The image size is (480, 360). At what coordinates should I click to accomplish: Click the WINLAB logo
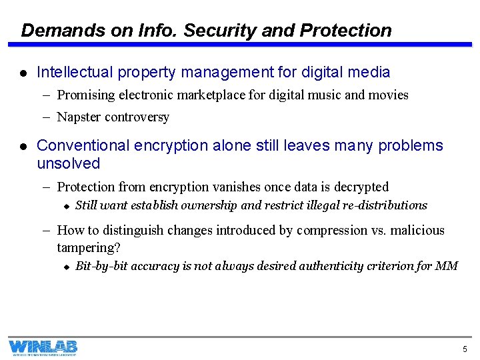[43, 347]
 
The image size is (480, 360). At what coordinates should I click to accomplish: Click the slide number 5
[465, 349]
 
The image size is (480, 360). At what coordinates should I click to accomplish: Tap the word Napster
[79, 117]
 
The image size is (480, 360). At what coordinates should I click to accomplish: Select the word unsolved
[68, 164]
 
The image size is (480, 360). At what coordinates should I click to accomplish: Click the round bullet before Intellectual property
[23, 73]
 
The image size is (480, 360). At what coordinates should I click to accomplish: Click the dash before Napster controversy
[47, 117]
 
